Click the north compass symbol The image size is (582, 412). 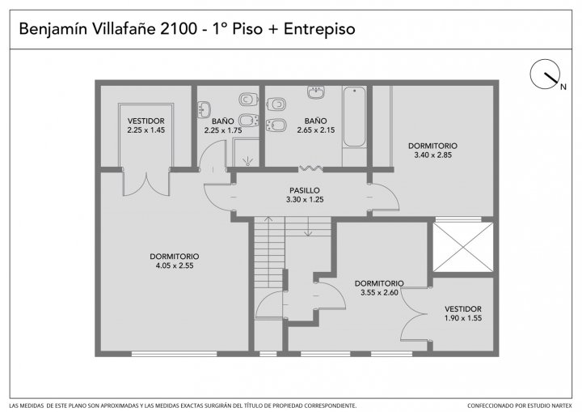pyautogui.click(x=545, y=74)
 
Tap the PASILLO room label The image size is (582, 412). pyautogui.click(x=305, y=190)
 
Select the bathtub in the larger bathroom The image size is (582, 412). pyautogui.click(x=354, y=117)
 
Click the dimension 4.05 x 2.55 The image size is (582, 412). pyautogui.click(x=175, y=265)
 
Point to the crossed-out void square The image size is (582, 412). pyautogui.click(x=463, y=247)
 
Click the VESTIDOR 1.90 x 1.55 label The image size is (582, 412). pyautogui.click(x=463, y=313)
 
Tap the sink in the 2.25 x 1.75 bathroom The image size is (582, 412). pyautogui.click(x=204, y=110)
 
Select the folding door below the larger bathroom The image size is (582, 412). pyautogui.click(x=311, y=168)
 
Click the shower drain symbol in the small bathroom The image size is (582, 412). pyautogui.click(x=247, y=161)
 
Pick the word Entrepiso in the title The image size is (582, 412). pyautogui.click(x=319, y=29)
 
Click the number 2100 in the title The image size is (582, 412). pyautogui.click(x=178, y=28)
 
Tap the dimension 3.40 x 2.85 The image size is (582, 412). pyautogui.click(x=432, y=155)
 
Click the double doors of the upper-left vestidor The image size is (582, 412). pyautogui.click(x=146, y=183)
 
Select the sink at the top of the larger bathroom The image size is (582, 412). pyautogui.click(x=316, y=91)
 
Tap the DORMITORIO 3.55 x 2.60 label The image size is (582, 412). pyautogui.click(x=379, y=288)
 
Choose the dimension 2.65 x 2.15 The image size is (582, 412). pyautogui.click(x=316, y=130)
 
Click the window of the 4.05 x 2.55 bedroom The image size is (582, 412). pyautogui.click(x=174, y=354)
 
